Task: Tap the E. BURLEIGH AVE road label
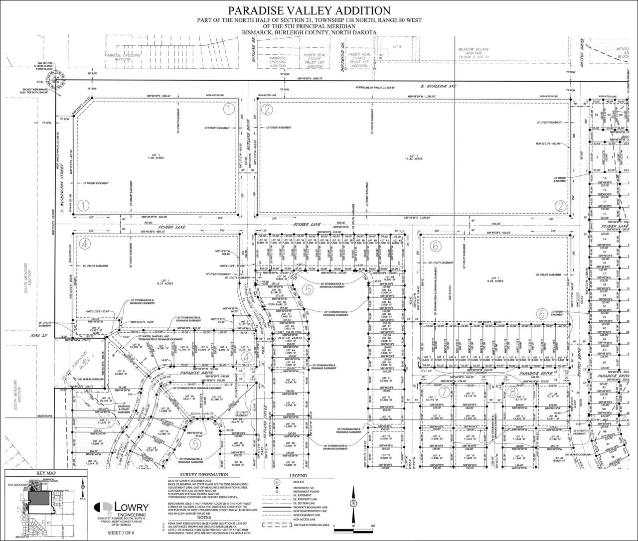click(x=439, y=86)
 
